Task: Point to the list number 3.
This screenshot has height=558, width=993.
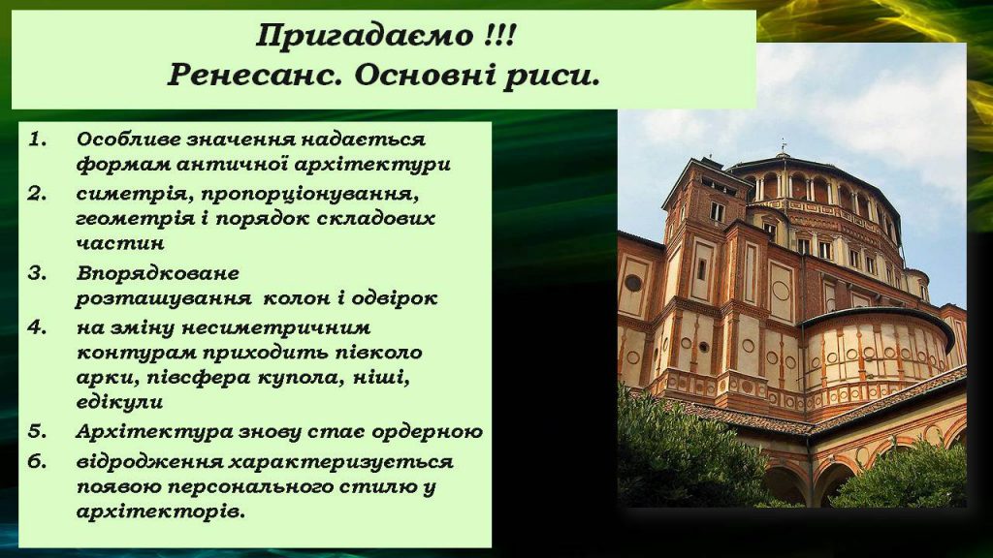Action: [36, 273]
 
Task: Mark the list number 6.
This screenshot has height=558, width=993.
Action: [36, 461]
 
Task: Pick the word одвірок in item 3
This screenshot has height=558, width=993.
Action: [398, 299]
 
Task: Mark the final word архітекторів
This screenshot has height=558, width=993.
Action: [160, 511]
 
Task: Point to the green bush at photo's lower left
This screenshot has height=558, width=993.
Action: [679, 455]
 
